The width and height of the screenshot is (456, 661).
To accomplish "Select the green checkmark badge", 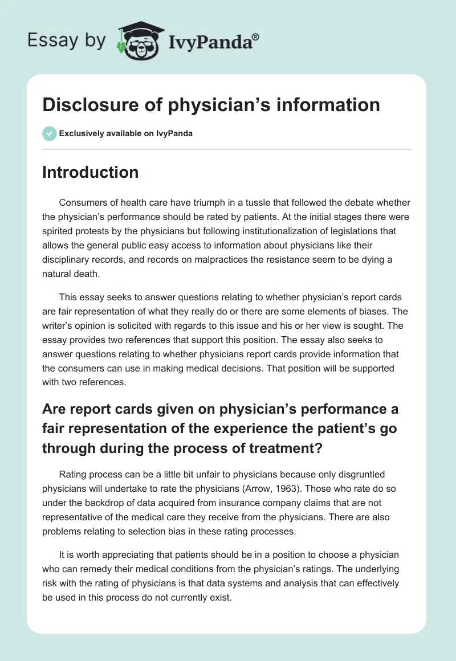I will coord(49,133).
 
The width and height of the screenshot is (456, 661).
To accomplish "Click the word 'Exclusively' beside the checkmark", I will coord(82,134).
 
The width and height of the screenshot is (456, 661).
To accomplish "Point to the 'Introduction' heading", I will coord(90,172).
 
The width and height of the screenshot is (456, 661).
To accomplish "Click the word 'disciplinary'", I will coord(66,260).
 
